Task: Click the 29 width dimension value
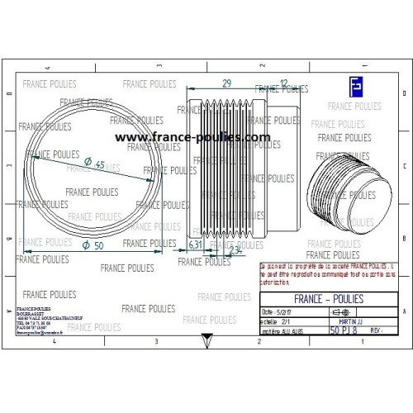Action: click(226, 83)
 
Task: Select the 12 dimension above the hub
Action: click(284, 83)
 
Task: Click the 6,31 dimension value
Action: click(196, 244)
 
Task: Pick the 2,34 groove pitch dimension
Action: click(234, 249)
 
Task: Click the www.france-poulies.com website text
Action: click(192, 138)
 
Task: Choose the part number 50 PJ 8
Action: click(344, 330)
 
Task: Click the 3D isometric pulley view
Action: click(341, 190)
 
